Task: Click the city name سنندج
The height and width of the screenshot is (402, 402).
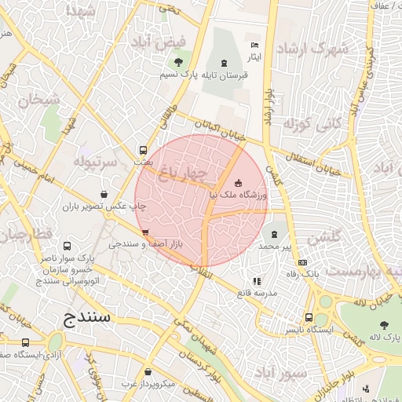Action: pyautogui.click(x=88, y=318)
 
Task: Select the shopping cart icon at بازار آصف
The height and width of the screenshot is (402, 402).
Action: pyautogui.click(x=145, y=232)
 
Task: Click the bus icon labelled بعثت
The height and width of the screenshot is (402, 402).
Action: pyautogui.click(x=143, y=150)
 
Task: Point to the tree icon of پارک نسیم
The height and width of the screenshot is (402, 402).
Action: pyautogui.click(x=179, y=62)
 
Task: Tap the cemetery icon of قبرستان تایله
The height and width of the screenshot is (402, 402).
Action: pyautogui.click(x=226, y=62)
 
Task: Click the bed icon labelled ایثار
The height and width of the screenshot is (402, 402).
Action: pyautogui.click(x=254, y=45)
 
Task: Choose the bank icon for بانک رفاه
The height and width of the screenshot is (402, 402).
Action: pyautogui.click(x=304, y=262)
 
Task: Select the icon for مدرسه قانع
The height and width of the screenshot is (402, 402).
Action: pyautogui.click(x=256, y=281)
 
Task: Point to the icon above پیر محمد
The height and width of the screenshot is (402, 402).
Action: pyautogui.click(x=274, y=234)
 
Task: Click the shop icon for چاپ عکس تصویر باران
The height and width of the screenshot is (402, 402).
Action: pyautogui.click(x=104, y=194)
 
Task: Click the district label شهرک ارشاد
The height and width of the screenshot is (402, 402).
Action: pyautogui.click(x=317, y=49)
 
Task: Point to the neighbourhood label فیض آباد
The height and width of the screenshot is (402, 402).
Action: pyautogui.click(x=181, y=41)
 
